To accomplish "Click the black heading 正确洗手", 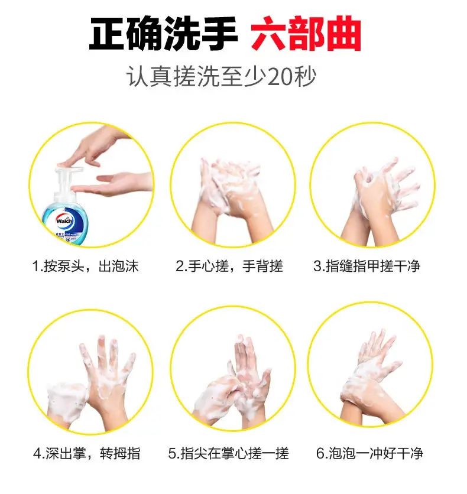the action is (x=163, y=34).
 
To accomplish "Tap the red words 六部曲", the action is (x=306, y=34).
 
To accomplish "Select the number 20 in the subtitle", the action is (x=281, y=77).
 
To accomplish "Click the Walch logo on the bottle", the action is (x=64, y=220).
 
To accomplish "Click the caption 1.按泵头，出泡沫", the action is (x=85, y=266).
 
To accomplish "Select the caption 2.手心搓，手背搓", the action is (x=229, y=266).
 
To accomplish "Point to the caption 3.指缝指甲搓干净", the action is (x=367, y=266).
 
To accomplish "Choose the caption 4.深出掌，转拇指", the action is (x=87, y=453).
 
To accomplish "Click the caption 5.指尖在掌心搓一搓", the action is (x=228, y=453).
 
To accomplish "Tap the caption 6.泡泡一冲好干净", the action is (x=369, y=453).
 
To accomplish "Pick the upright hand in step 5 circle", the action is (x=251, y=378).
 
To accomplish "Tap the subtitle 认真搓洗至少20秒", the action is (x=221, y=77).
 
